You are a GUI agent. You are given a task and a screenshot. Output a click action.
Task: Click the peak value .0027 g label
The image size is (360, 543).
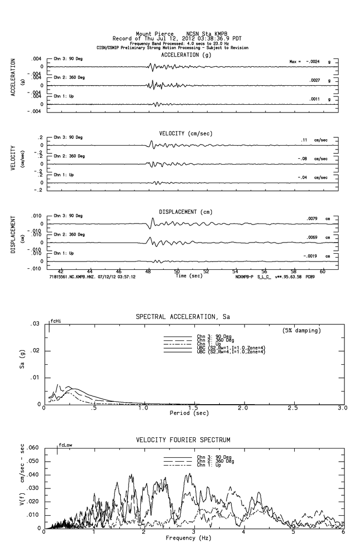coord(314,80)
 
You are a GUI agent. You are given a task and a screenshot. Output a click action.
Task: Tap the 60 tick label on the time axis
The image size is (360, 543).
coord(322,271)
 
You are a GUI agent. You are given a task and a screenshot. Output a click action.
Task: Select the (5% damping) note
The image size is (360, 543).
coord(302,331)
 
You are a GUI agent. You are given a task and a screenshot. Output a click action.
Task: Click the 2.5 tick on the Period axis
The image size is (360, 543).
coord(293,408)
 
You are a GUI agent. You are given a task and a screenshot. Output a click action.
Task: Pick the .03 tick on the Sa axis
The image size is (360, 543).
coord(35,324)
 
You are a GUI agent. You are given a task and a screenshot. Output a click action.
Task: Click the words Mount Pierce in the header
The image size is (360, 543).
coord(154,34)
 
